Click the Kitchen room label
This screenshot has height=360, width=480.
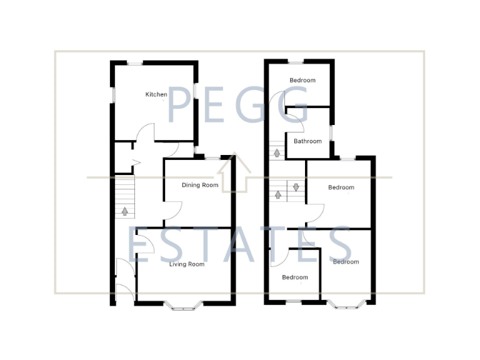pyautogui.click(x=156, y=94)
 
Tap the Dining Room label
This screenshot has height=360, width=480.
pyautogui.click(x=200, y=185)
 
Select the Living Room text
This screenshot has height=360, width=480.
pyautogui.click(x=187, y=264)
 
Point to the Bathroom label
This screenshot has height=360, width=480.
pyautogui.click(x=307, y=141)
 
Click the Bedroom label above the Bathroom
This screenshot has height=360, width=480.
pyautogui.click(x=302, y=80)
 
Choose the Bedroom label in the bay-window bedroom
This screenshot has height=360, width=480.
pyautogui.click(x=346, y=262)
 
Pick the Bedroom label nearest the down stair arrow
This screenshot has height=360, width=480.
pyautogui.click(x=341, y=187)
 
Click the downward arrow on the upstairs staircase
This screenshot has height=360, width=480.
pyautogui.click(x=296, y=187)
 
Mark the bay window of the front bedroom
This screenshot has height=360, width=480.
pyautogui.click(x=346, y=306)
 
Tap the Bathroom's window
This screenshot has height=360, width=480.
pyautogui.click(x=331, y=133)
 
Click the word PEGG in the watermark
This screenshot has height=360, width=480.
pyautogui.click(x=237, y=104)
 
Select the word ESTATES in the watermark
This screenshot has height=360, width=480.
pyautogui.click(x=241, y=245)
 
